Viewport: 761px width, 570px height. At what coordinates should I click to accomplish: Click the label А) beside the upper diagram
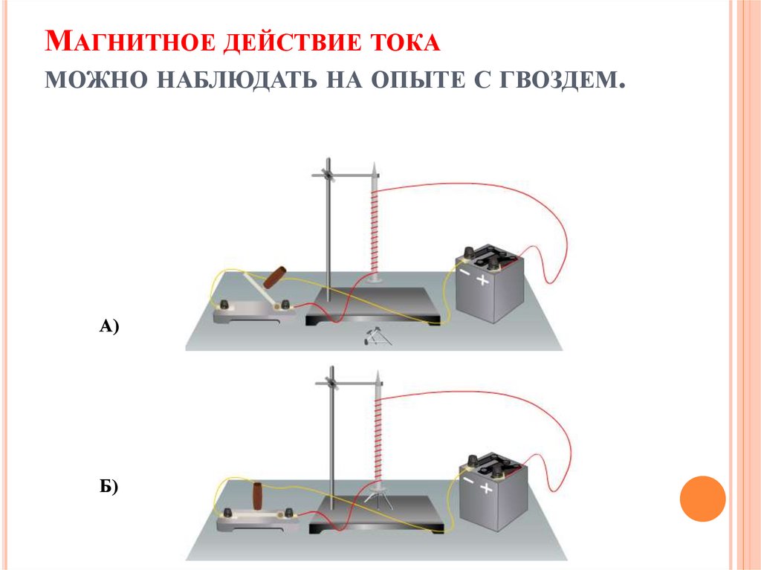109,325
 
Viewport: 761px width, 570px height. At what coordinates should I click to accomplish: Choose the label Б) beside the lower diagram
109,487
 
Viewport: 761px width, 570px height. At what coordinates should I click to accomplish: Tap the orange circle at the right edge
702,499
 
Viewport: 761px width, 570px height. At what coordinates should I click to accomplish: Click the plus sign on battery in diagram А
484,280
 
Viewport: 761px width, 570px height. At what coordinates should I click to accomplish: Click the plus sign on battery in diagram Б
487,488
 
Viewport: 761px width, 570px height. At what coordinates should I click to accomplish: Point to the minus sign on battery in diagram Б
467,481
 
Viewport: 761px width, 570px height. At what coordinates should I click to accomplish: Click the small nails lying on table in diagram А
375,338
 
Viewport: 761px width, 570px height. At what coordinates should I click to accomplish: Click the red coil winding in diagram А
374,230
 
